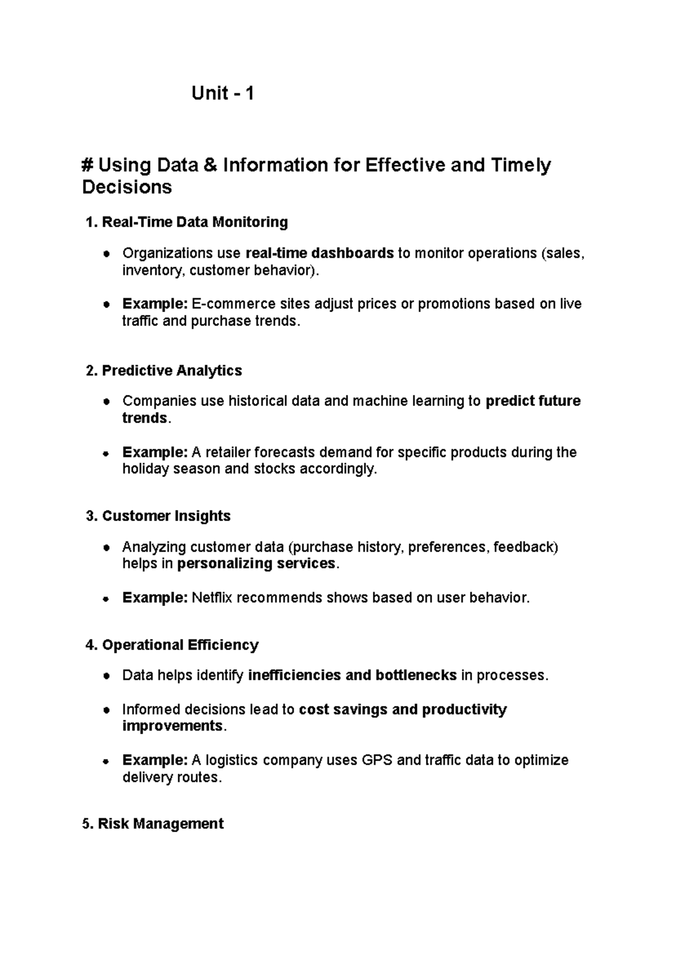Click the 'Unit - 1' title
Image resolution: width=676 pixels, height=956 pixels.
click(x=223, y=93)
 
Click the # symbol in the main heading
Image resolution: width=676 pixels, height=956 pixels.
click(x=87, y=166)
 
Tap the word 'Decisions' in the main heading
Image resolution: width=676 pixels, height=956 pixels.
click(x=127, y=187)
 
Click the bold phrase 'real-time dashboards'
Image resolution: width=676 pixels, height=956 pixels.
click(x=320, y=254)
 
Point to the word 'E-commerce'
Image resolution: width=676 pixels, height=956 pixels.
click(x=233, y=304)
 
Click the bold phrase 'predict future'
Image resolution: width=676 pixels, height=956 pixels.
click(x=533, y=401)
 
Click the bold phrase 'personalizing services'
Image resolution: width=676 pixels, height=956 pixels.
click(x=256, y=564)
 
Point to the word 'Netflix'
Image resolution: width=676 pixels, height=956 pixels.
click(x=212, y=598)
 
